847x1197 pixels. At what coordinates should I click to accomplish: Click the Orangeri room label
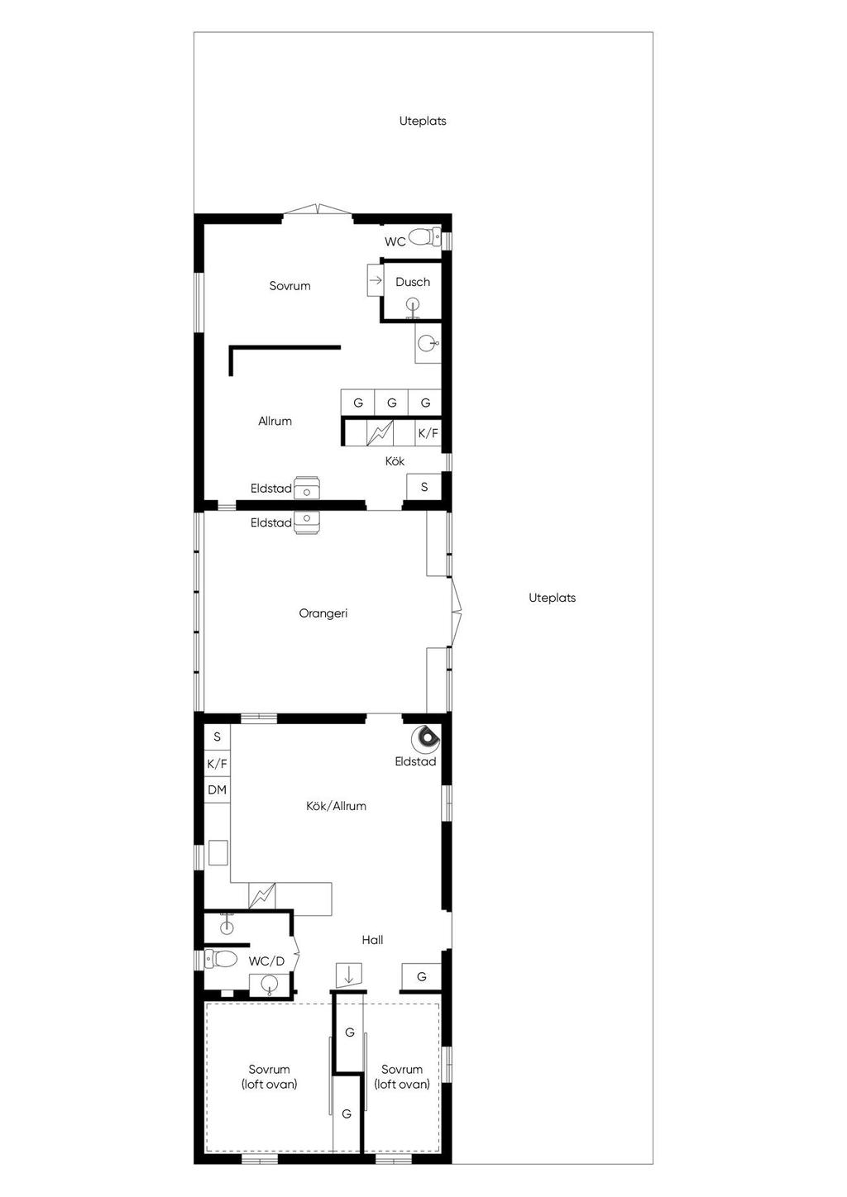point(323,613)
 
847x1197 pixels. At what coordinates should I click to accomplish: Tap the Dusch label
point(413,282)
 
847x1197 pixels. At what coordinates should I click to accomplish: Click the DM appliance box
point(217,789)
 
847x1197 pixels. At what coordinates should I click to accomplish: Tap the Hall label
point(372,940)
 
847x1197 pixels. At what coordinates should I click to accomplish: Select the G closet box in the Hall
point(421,977)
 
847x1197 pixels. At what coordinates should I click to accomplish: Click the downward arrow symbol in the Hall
point(348,975)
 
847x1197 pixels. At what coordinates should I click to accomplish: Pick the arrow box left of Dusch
point(376,280)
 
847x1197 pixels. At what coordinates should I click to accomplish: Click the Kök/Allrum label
point(336,806)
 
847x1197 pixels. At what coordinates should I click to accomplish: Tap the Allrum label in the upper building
point(275,421)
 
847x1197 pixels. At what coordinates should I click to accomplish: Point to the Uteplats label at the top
point(423,122)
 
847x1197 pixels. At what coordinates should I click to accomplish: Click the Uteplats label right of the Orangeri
point(552,598)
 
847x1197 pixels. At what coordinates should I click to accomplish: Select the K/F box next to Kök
point(428,433)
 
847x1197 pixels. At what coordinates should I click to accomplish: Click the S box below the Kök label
point(424,487)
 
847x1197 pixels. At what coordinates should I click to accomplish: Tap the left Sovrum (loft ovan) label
point(269,1077)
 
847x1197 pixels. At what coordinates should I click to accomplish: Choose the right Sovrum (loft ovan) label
point(401,1077)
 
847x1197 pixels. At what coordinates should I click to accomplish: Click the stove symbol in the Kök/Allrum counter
point(262,896)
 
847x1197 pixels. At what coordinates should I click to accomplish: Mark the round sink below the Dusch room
point(428,344)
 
